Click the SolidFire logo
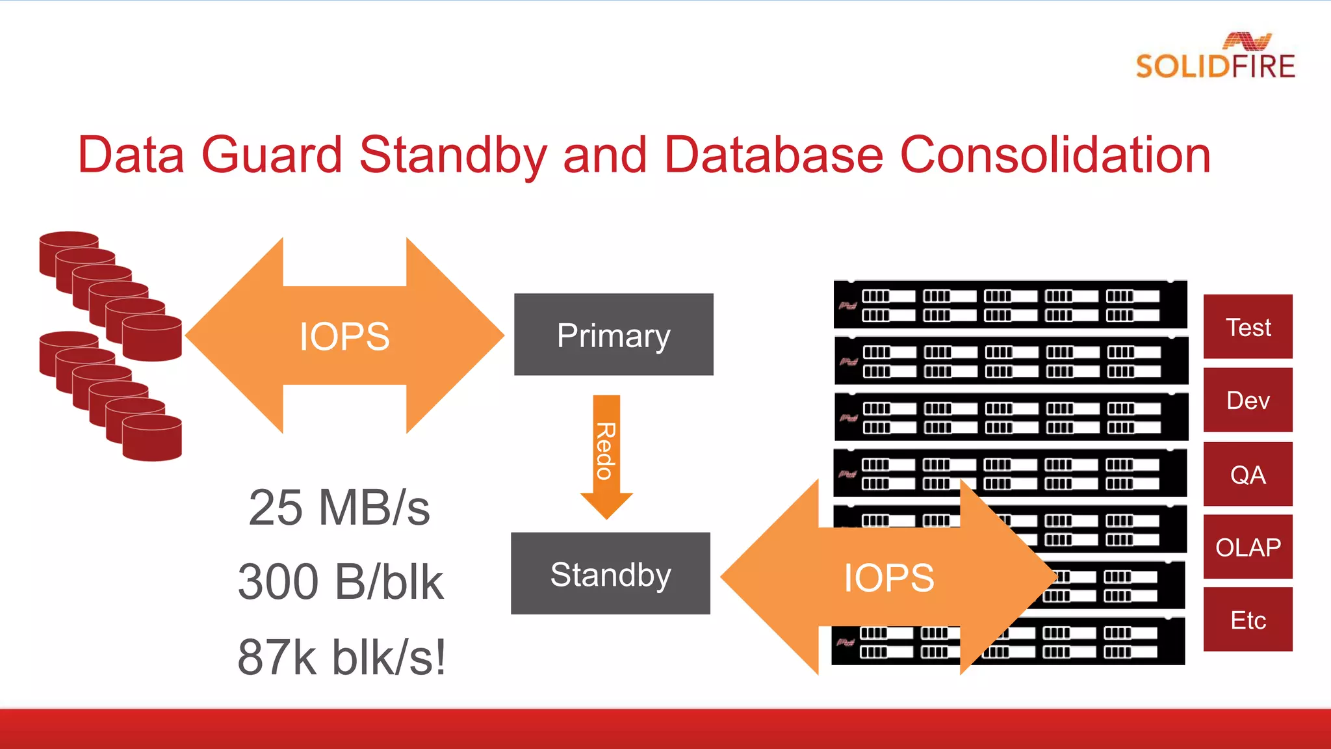pos(1215,57)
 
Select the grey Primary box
pos(614,334)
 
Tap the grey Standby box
pos(610,573)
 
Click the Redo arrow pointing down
pos(606,455)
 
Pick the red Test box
pos(1248,326)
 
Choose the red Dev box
pos(1248,400)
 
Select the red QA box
pos(1248,474)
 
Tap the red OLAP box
pos(1248,547)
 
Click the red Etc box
pos(1248,620)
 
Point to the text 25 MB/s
pos(339,508)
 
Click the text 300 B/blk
pos(341,582)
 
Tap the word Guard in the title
pos(272,155)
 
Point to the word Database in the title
pos(773,155)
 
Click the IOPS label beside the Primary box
pos(344,336)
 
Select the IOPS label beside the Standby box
pos(888,577)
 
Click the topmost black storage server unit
pos(1010,305)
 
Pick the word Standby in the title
pos(453,155)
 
